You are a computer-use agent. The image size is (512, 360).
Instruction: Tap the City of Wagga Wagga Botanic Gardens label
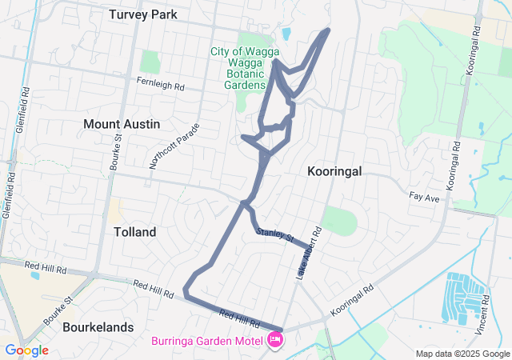pos(238,68)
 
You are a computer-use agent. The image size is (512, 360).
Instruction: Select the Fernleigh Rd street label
pos(160,82)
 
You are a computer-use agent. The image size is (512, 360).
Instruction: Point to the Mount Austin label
pos(122,124)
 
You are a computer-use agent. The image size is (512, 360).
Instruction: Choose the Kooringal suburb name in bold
pos(334,171)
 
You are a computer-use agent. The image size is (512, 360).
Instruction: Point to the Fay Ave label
pos(424,196)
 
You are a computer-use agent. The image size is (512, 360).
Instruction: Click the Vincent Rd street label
pos(481,318)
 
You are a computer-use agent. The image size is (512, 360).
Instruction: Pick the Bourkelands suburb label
pos(102,329)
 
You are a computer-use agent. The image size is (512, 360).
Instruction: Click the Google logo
pos(26,350)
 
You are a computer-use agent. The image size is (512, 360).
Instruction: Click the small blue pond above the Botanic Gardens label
pos(286,34)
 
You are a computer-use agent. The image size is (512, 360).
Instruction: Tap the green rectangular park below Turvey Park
pos(150,61)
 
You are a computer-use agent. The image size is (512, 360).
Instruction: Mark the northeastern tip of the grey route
pos(327,30)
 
